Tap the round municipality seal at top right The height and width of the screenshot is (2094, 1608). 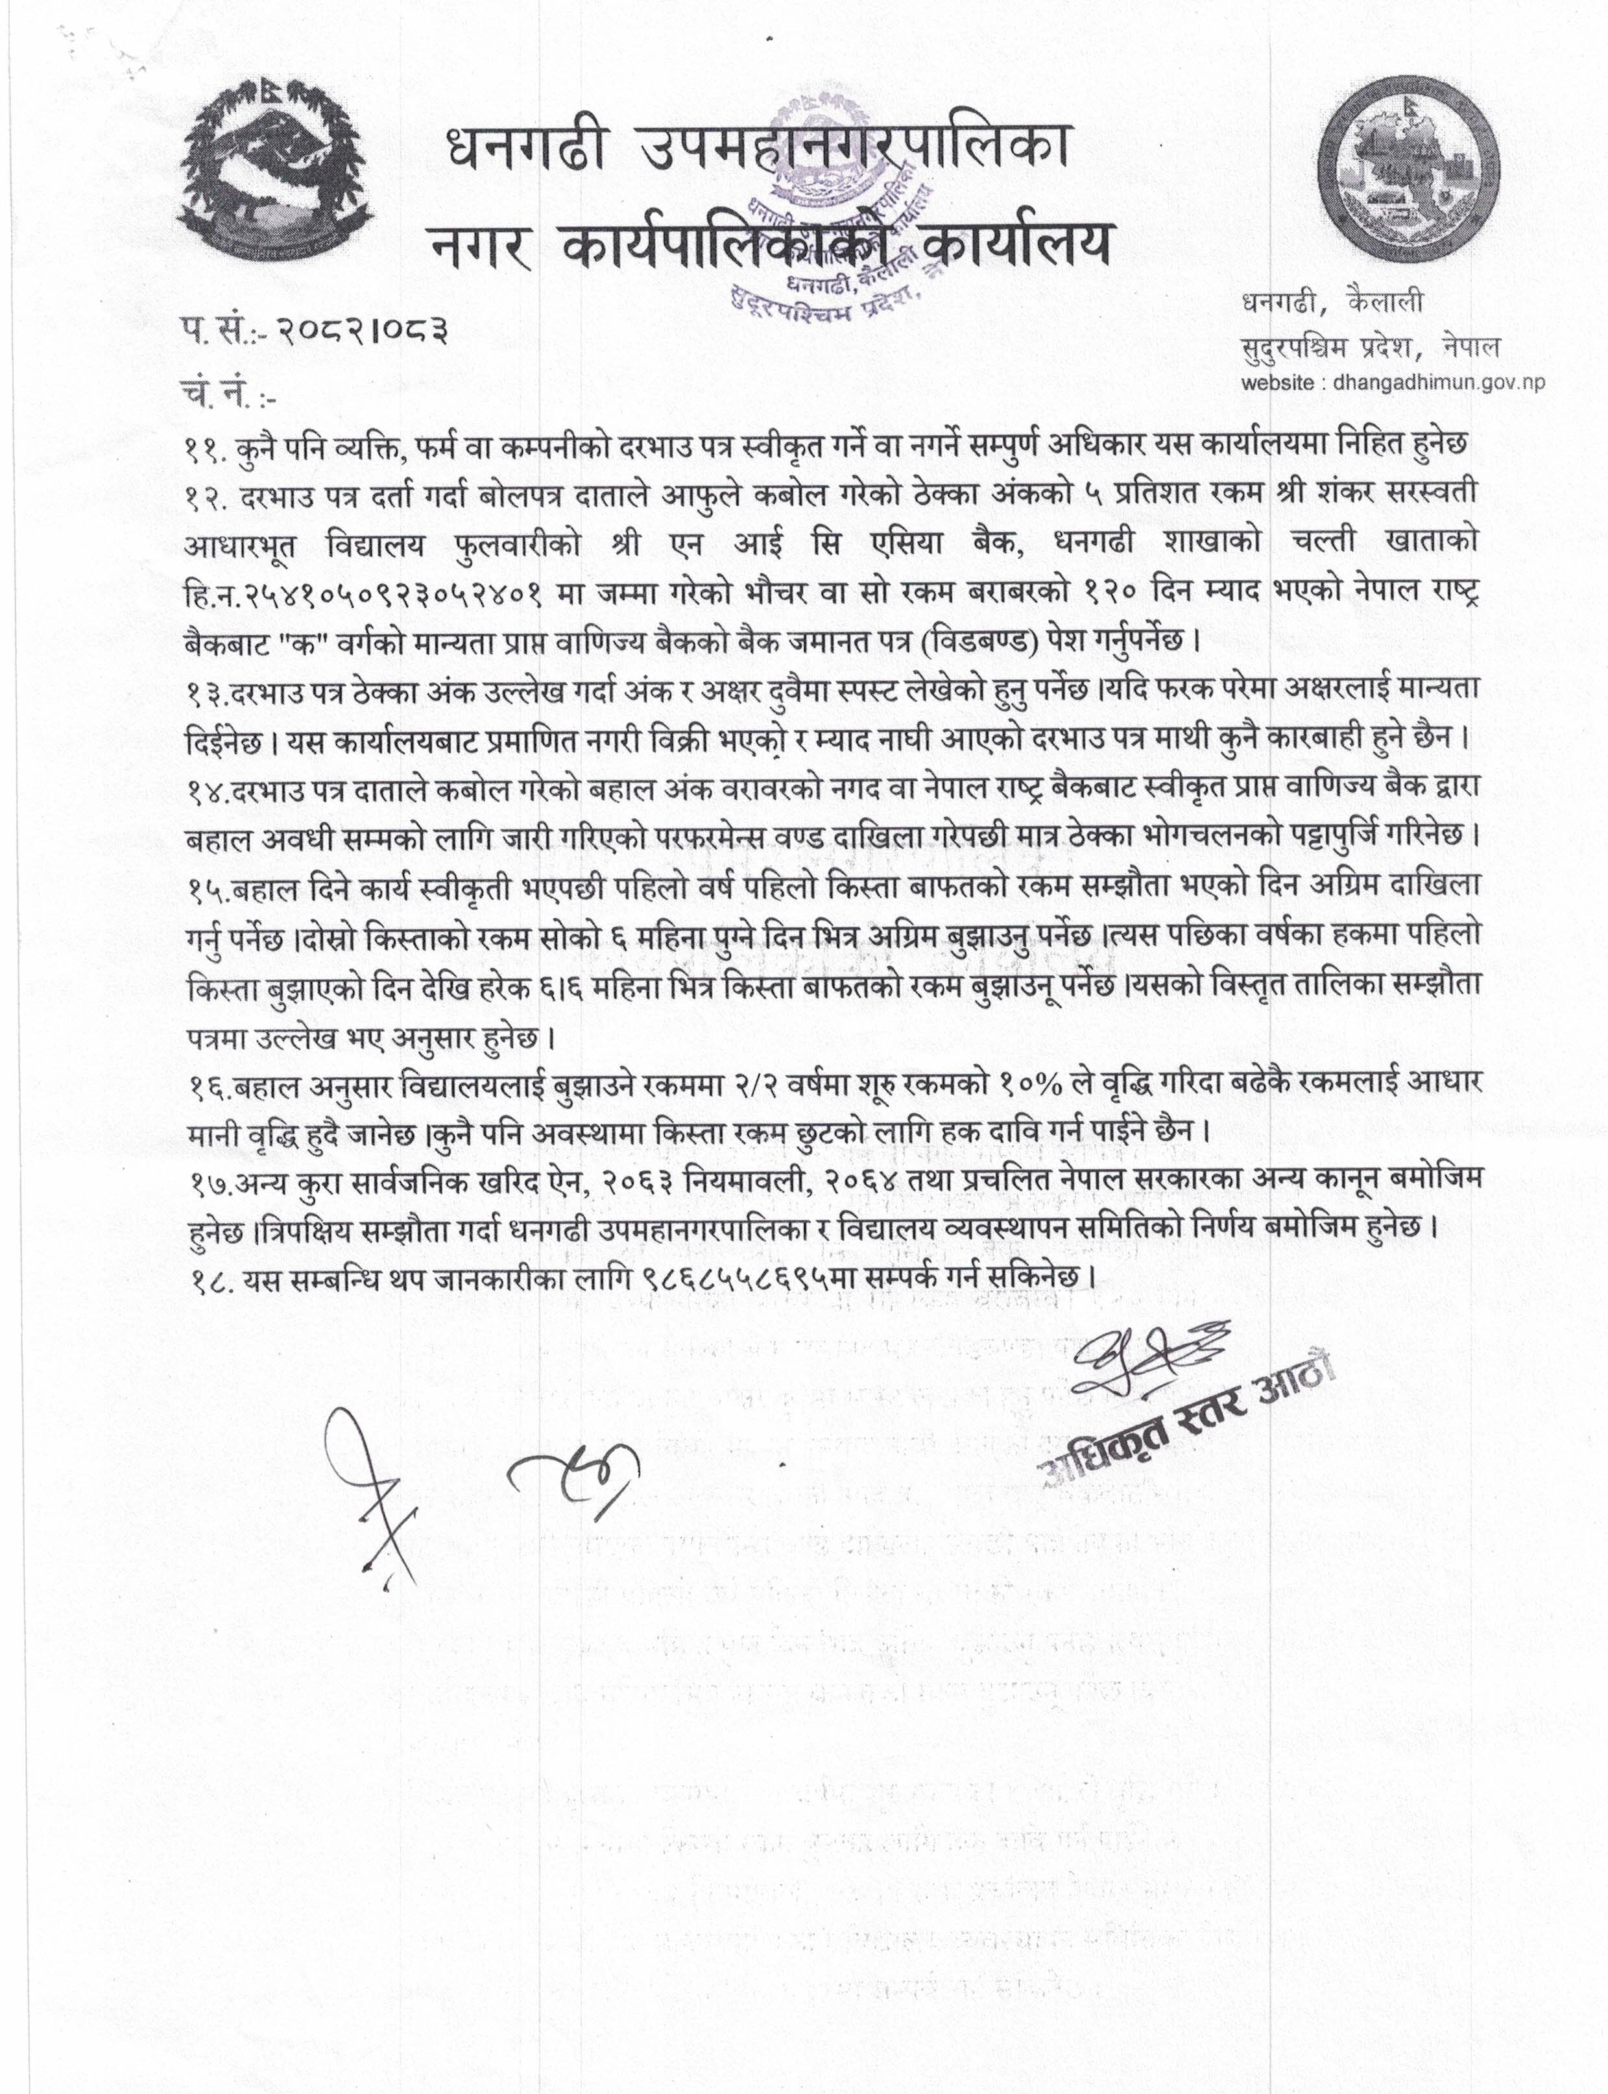(x=1405, y=178)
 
